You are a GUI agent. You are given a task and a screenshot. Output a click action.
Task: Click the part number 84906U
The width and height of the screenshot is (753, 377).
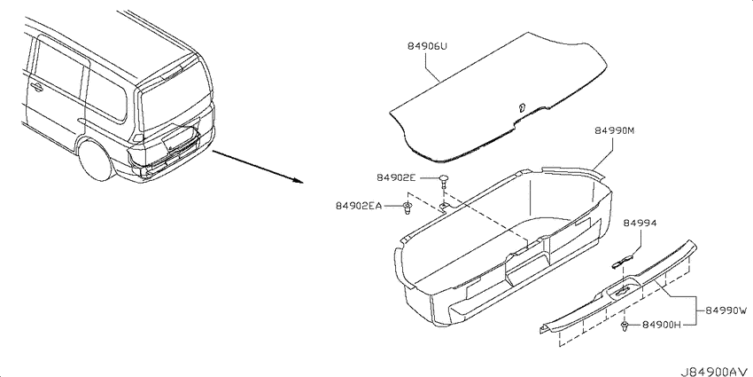pyautogui.click(x=427, y=47)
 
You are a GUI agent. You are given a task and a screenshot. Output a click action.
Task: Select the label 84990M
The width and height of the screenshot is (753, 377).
pyautogui.click(x=615, y=130)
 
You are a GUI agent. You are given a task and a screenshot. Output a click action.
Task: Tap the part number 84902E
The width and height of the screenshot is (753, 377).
pyautogui.click(x=396, y=178)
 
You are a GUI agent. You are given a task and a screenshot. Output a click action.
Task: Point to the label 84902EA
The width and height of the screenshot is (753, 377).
pyautogui.click(x=359, y=207)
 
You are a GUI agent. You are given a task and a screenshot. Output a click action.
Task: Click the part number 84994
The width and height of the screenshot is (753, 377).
pyautogui.click(x=640, y=224)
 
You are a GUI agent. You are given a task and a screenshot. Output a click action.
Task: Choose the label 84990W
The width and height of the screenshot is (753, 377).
pyautogui.click(x=726, y=311)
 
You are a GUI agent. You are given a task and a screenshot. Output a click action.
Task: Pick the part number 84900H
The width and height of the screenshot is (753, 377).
pyautogui.click(x=661, y=326)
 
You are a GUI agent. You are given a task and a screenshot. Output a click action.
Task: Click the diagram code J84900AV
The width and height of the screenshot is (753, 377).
pyautogui.click(x=714, y=372)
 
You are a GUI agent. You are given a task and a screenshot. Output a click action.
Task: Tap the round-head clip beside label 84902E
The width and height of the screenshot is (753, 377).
pyautogui.click(x=443, y=181)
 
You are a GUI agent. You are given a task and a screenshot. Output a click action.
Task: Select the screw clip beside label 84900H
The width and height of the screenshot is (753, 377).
pyautogui.click(x=625, y=326)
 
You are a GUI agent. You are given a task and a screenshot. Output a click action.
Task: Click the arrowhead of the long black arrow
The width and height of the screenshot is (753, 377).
pyautogui.click(x=299, y=182)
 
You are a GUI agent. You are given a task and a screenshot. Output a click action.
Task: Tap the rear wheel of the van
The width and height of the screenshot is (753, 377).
pyautogui.click(x=96, y=159)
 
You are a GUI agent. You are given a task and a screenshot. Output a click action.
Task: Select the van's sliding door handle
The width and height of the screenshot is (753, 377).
pyautogui.click(x=35, y=86)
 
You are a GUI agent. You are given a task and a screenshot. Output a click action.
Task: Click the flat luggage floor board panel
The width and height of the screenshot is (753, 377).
pyautogui.click(x=498, y=96)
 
